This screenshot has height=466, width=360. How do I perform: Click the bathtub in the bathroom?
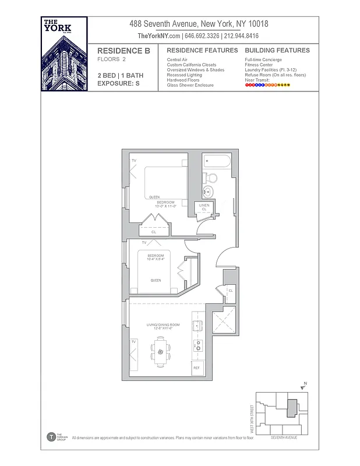(x=217, y=161)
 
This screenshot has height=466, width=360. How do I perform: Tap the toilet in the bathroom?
(x=212, y=178)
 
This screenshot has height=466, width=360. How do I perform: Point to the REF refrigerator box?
(x=197, y=368)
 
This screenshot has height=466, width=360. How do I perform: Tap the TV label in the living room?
(x=133, y=342)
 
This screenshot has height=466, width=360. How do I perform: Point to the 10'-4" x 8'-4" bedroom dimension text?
(x=156, y=259)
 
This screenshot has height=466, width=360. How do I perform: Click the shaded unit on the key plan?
(x=293, y=408)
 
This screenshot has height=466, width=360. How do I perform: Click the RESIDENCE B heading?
(x=123, y=51)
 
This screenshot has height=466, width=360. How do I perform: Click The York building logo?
(x=65, y=54)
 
